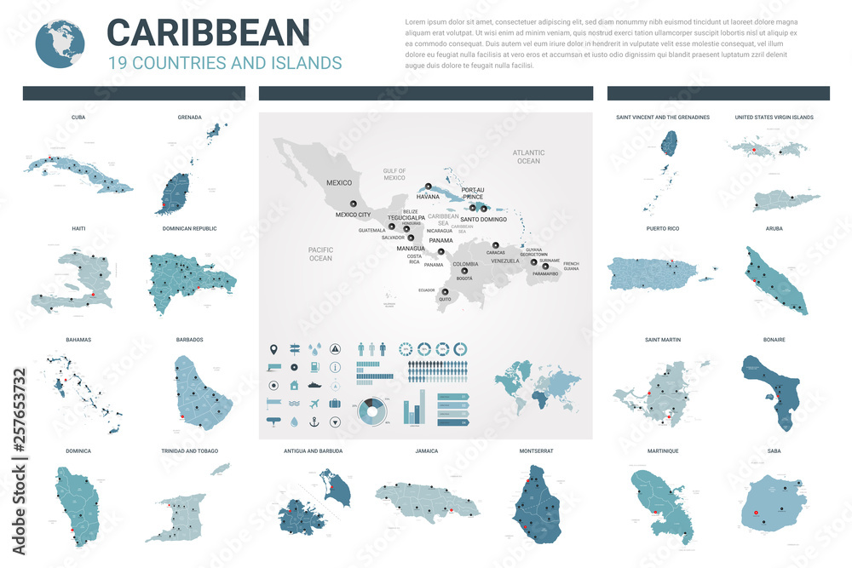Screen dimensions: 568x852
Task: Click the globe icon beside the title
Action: pos(60,42)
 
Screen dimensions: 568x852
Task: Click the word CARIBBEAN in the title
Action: pos(208,32)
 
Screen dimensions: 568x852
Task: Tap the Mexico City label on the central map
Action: pos(353,215)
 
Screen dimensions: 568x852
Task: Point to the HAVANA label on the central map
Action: pos(428,197)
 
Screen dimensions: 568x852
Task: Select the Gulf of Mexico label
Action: pos(394,175)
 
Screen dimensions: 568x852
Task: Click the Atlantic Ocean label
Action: pos(528,157)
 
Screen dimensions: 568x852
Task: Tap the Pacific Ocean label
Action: pos(320,253)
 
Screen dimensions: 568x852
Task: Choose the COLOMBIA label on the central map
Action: pos(465,264)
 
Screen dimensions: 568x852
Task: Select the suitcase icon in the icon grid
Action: pos(335,403)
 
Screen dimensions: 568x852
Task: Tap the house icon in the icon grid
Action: pos(294,385)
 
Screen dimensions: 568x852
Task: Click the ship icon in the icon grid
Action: pos(314,385)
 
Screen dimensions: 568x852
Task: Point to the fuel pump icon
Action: pos(314,367)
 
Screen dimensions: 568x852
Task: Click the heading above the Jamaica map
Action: pos(427,450)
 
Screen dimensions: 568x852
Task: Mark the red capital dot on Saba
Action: pos(755,513)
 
